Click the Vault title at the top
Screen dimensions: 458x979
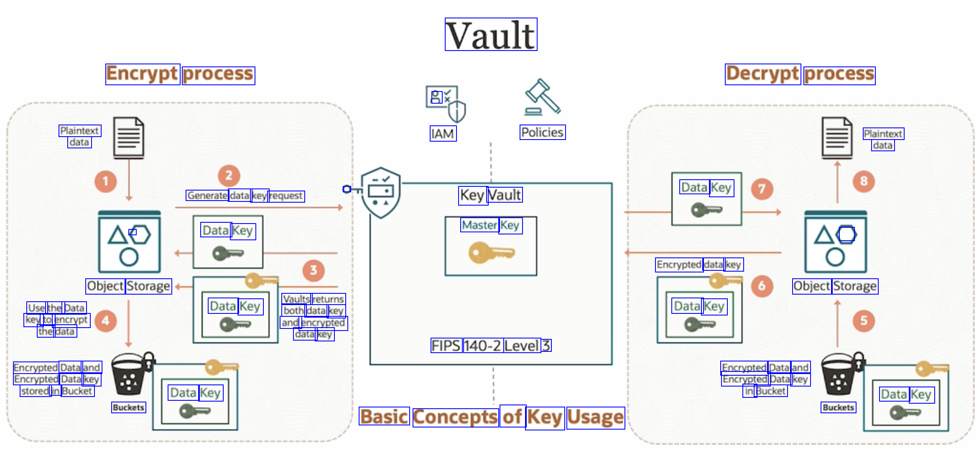click(x=491, y=35)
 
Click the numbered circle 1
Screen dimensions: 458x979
click(x=105, y=181)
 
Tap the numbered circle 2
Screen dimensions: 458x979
click(x=229, y=176)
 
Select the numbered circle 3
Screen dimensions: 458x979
click(x=314, y=270)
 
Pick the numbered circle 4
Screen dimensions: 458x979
click(x=105, y=321)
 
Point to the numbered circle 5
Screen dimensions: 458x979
click(x=864, y=321)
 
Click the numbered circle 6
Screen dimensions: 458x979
click(x=762, y=286)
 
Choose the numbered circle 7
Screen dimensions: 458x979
click(x=762, y=189)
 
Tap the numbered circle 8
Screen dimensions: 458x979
click(x=864, y=181)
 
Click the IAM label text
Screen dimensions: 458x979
click(x=443, y=134)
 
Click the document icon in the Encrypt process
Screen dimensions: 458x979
click(x=129, y=138)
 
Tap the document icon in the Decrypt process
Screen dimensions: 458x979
click(x=837, y=138)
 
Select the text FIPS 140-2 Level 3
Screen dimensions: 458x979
click(x=491, y=346)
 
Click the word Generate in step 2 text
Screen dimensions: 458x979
click(x=207, y=196)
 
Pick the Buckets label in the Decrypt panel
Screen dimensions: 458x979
click(x=838, y=407)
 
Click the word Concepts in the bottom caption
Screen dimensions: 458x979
click(x=455, y=417)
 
